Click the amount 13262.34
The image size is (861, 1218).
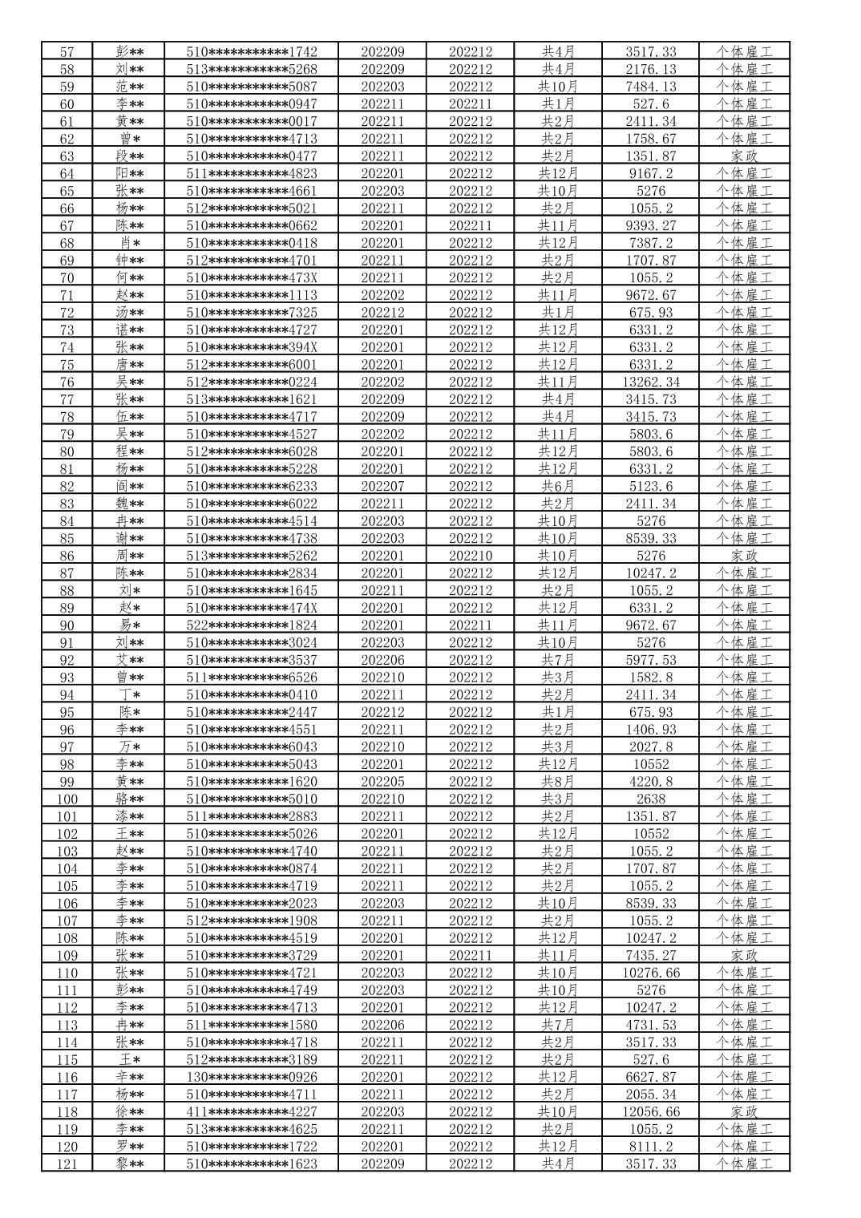point(650,382)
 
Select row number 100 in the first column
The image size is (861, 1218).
point(67,799)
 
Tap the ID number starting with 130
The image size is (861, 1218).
point(252,1078)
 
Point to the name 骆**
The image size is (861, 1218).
point(129,799)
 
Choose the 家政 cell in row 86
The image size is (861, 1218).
point(744,556)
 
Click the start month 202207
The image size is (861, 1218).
point(382,487)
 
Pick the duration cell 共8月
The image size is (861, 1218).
point(558,782)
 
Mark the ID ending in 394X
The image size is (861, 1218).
point(252,347)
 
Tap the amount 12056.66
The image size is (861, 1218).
point(650,1112)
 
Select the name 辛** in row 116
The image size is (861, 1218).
point(129,1078)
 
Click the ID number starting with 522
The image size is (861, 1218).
point(252,625)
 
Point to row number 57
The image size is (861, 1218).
point(67,51)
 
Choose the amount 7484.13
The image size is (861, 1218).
point(650,87)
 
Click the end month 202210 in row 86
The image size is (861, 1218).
point(471,556)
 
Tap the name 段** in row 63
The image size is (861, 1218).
point(129,156)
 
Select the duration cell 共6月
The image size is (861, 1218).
point(558,487)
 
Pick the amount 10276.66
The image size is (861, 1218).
point(650,973)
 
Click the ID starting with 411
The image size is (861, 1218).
point(252,1112)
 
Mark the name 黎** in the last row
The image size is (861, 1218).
point(129,1164)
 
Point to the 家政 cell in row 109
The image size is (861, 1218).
point(744,956)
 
